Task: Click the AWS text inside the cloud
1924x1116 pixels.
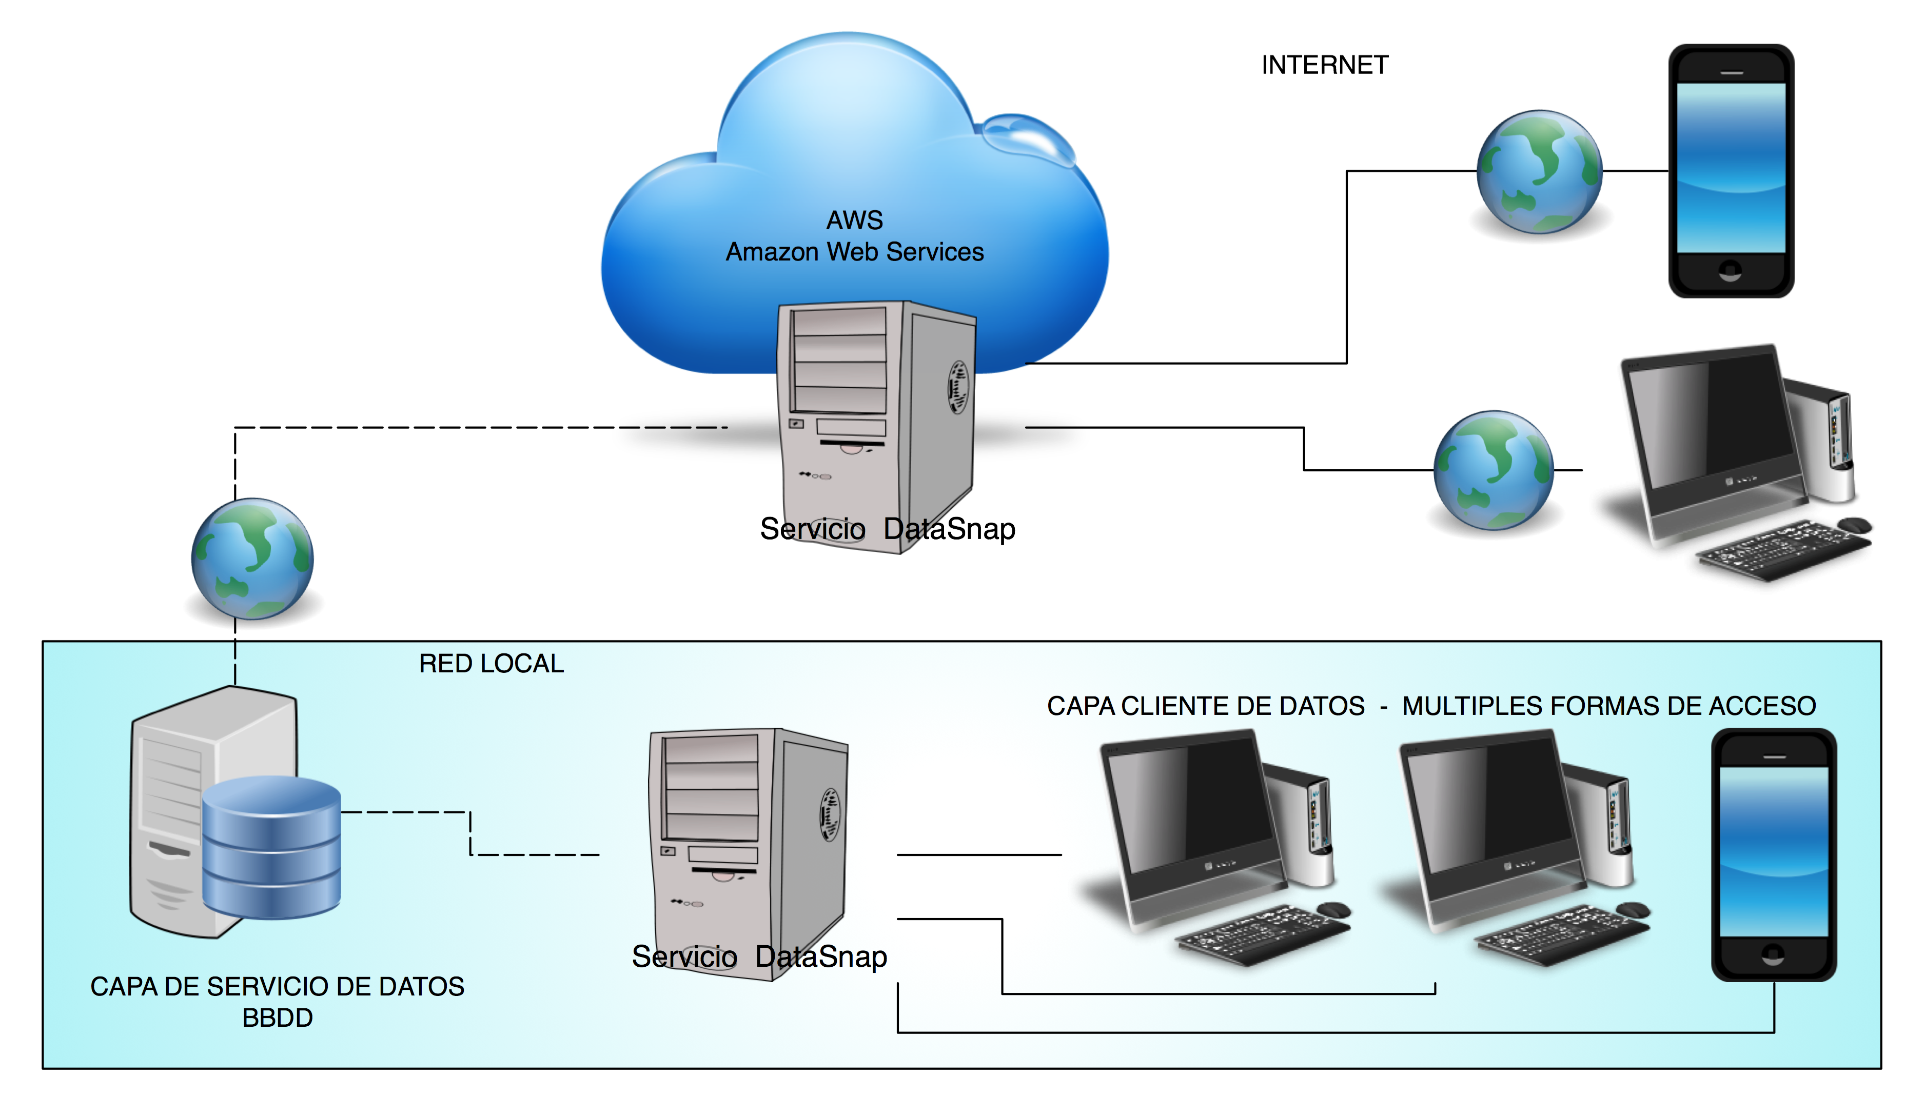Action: pyautogui.click(x=854, y=221)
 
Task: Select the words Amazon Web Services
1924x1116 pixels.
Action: pyautogui.click(x=854, y=252)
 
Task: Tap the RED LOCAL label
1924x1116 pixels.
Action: pyautogui.click(x=491, y=663)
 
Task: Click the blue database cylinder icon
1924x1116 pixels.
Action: pyautogui.click(x=271, y=847)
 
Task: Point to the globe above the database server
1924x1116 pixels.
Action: pyautogui.click(x=252, y=558)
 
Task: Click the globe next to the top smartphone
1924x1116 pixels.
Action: pyautogui.click(x=1539, y=172)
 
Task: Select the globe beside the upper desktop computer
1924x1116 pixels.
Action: pyautogui.click(x=1494, y=470)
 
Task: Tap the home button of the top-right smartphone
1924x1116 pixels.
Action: pyautogui.click(x=1730, y=270)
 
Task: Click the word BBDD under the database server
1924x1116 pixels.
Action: pyautogui.click(x=277, y=1018)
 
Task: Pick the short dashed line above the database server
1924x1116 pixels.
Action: pyautogui.click(x=235, y=663)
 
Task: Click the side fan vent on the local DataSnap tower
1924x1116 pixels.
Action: pyautogui.click(x=830, y=814)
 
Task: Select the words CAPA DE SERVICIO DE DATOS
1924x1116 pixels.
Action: pyautogui.click(x=277, y=986)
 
